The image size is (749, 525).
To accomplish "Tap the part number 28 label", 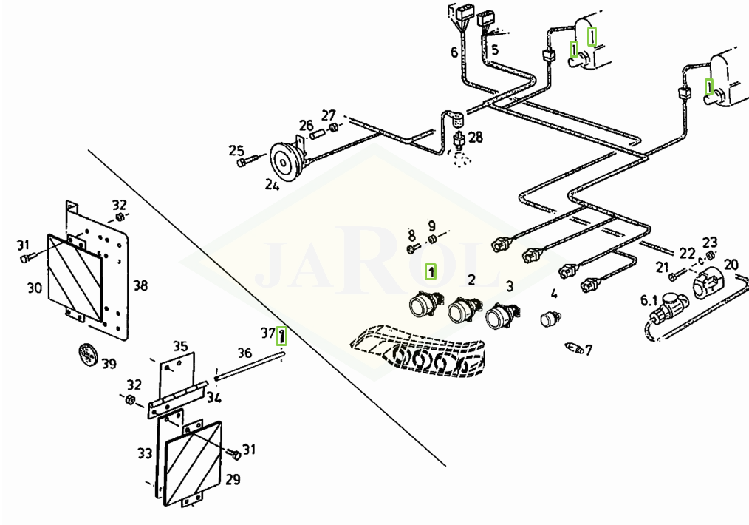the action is tap(475, 138).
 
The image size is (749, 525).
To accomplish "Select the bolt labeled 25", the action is tap(247, 160).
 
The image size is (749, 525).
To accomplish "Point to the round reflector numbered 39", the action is tap(87, 355).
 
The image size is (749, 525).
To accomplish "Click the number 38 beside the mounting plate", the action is tap(140, 285).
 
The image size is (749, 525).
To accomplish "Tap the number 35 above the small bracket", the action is tap(180, 346).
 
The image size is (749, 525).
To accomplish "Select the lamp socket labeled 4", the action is tap(550, 318).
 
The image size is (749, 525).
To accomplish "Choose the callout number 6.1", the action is tap(649, 300).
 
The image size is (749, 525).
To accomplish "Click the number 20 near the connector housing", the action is tap(731, 264).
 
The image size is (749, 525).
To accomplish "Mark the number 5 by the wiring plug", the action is tap(495, 50).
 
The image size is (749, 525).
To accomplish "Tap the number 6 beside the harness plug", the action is tap(454, 52).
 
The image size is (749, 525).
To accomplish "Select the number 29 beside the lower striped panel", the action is tap(233, 479).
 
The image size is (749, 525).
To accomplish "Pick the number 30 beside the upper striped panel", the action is tap(35, 288).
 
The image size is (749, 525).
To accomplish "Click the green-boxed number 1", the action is tap(431, 272).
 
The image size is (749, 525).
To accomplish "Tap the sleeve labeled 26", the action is tap(317, 135).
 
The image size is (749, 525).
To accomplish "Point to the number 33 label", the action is tap(145, 453).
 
